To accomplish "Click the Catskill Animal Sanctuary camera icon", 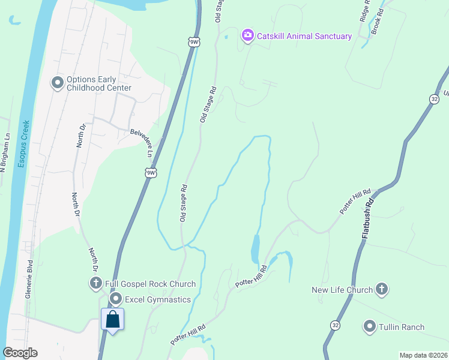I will (x=247, y=36).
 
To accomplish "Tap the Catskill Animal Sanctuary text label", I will (x=304, y=36).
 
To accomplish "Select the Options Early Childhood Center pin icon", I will (x=58, y=83).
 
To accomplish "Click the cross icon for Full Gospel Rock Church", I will (x=95, y=284).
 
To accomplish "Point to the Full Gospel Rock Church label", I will (x=150, y=284).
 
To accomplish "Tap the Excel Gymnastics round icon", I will (x=115, y=299).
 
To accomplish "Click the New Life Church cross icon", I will (x=381, y=290).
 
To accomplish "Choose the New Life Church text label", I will (x=342, y=290).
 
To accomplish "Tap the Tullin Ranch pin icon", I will (x=370, y=327).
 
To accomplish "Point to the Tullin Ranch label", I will (x=402, y=327).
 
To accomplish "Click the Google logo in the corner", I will (x=20, y=353).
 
